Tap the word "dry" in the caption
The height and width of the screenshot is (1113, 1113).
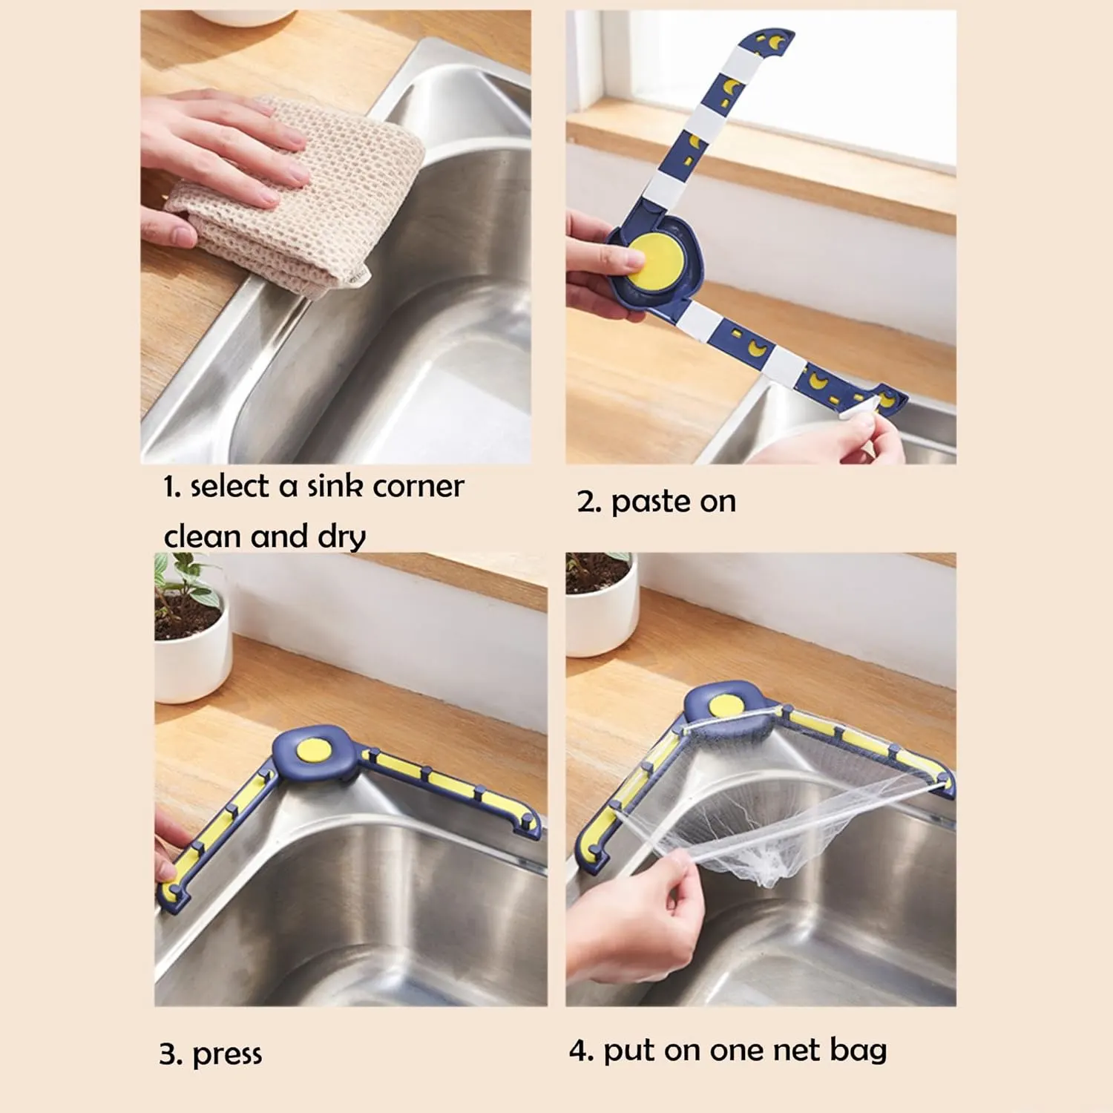click(342, 537)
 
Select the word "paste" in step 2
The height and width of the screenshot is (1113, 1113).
click(650, 502)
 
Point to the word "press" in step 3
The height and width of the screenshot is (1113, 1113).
click(227, 1054)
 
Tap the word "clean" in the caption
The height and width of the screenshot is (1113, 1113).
click(203, 537)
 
